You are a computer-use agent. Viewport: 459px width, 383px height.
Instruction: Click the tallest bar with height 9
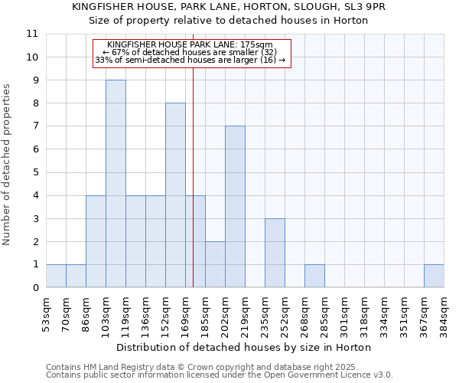(116, 184)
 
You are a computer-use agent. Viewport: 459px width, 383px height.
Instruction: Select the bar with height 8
(175, 195)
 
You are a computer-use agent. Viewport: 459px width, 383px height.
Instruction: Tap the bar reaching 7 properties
(235, 207)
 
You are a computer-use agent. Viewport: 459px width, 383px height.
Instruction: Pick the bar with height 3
(275, 253)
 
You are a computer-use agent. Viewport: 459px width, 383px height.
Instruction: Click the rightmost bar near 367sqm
(434, 276)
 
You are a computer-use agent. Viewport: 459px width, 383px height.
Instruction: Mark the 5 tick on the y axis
(34, 172)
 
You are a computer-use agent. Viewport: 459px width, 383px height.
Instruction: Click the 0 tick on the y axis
(34, 288)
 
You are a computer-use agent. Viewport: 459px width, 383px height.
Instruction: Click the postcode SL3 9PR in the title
(365, 7)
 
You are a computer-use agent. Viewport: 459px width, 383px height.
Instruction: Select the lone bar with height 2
(215, 264)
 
